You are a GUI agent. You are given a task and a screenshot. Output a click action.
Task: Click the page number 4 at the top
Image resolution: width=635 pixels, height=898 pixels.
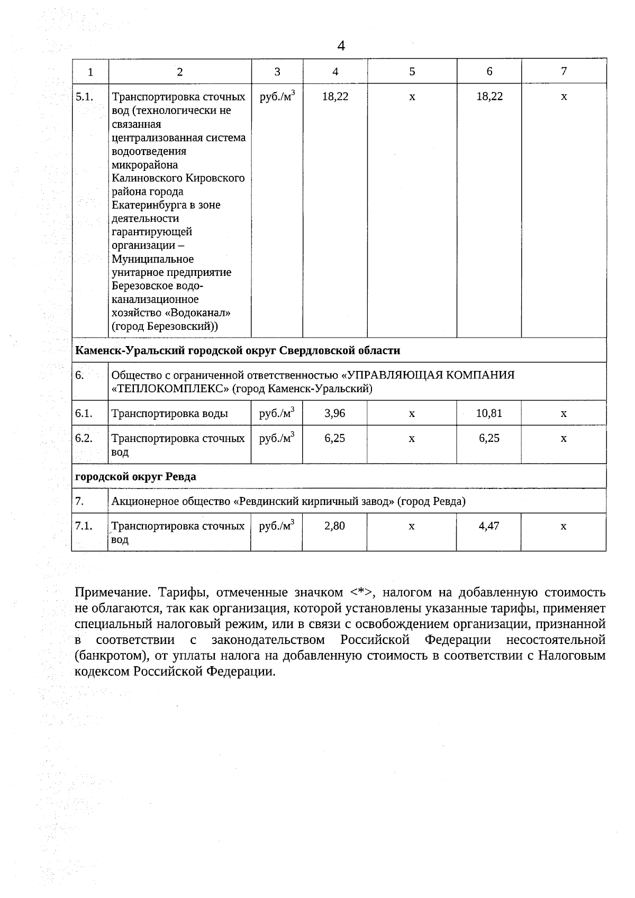(341, 46)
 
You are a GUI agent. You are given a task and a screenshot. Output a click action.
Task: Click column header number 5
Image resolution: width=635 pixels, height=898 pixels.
(412, 71)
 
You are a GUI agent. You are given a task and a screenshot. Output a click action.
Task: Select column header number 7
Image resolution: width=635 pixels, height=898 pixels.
(564, 71)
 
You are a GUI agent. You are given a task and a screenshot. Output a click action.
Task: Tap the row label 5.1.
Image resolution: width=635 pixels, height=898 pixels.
(84, 97)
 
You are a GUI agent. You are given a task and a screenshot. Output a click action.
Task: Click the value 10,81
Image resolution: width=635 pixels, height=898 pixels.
(489, 413)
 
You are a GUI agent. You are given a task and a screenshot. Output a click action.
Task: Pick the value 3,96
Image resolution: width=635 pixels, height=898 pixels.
(335, 413)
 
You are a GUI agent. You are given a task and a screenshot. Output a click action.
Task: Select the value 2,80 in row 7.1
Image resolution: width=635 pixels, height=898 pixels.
(335, 526)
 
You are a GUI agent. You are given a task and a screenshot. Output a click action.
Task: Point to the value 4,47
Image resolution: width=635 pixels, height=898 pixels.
(489, 526)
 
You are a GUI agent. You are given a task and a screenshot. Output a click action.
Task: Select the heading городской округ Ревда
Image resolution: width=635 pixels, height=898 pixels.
(135, 476)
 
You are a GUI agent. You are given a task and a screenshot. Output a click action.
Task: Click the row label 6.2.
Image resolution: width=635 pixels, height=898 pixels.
(84, 438)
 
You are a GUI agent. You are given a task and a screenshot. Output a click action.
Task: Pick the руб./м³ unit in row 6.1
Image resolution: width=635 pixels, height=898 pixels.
(276, 413)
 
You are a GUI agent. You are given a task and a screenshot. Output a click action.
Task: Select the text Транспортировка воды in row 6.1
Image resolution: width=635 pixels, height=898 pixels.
(169, 413)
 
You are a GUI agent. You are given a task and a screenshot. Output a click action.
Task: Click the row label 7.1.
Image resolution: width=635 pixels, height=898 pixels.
(84, 526)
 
